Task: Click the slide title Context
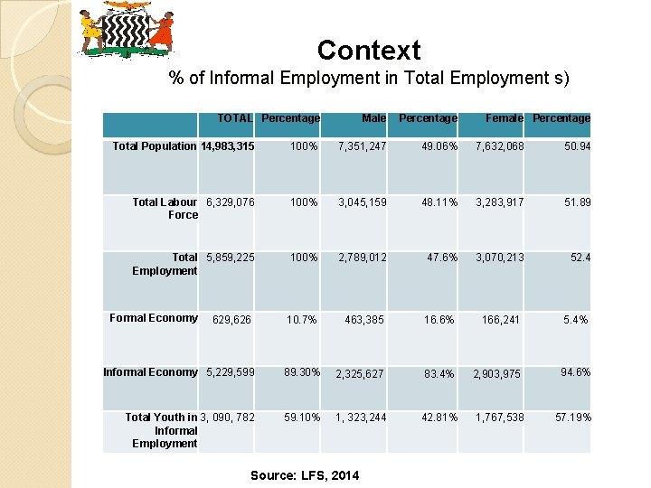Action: click(x=369, y=50)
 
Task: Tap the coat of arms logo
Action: click(x=127, y=30)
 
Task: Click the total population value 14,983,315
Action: click(x=227, y=146)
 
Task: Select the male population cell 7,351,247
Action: click(x=362, y=146)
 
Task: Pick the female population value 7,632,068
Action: click(x=494, y=146)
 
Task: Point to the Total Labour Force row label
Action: click(x=165, y=209)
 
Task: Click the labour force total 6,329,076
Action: click(x=231, y=202)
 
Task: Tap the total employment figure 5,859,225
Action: click(x=231, y=258)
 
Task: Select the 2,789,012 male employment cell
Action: click(x=362, y=258)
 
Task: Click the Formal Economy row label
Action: click(x=154, y=318)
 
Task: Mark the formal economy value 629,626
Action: click(x=233, y=319)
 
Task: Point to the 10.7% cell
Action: click(x=301, y=319)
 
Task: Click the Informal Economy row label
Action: click(x=150, y=372)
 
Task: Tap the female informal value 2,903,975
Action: click(x=496, y=374)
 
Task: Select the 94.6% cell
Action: click(x=575, y=372)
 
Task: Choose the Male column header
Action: click(x=373, y=118)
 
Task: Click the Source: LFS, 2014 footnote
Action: click(x=305, y=475)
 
